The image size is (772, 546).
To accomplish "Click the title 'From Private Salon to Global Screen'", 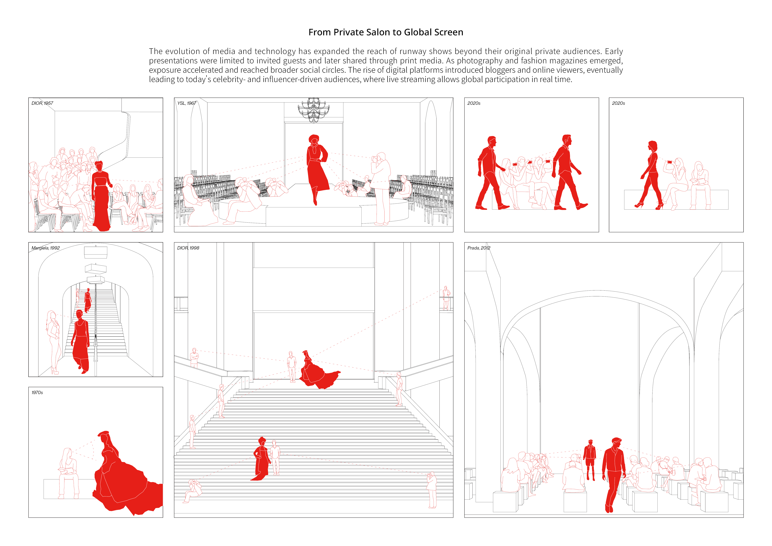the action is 386,32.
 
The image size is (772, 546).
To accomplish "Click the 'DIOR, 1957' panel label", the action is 42,103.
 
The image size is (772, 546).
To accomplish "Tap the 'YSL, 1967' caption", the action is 187,103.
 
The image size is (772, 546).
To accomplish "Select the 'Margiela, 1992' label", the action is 45,248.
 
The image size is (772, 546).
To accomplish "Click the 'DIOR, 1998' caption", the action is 188,248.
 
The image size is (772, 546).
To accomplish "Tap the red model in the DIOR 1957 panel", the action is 101,196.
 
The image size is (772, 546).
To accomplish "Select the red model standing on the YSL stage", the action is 317,168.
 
